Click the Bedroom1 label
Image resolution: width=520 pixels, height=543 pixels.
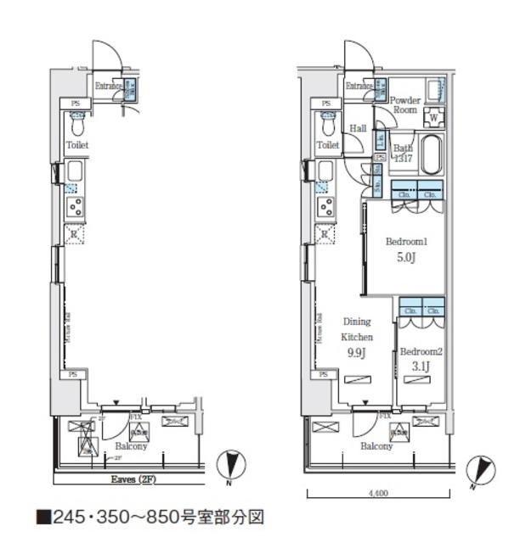(x=405, y=241)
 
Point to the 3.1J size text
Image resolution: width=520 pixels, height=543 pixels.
(x=419, y=366)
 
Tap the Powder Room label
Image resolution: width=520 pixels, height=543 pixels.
(x=404, y=104)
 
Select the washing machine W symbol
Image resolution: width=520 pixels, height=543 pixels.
(x=433, y=117)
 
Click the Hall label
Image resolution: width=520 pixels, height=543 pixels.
(x=358, y=128)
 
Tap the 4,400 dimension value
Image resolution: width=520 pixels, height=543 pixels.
(x=378, y=493)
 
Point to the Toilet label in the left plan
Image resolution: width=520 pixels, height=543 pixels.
(x=78, y=145)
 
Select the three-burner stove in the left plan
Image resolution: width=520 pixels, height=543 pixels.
(x=74, y=206)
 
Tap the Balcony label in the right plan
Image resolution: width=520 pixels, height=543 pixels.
(x=375, y=445)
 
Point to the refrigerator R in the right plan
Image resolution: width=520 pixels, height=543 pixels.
(x=324, y=234)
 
